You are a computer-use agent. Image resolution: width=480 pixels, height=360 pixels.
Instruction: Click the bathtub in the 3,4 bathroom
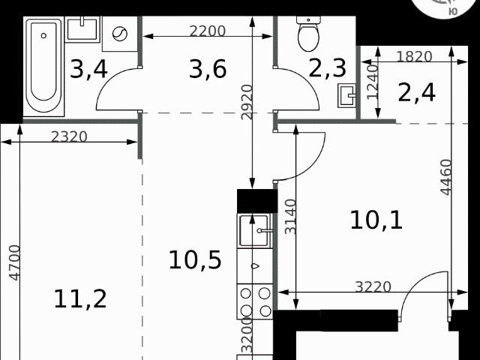pos(43,66)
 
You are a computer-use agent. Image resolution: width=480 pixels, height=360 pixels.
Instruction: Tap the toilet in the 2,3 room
pos(308,34)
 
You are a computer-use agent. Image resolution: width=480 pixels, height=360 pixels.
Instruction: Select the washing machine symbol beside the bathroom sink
pos(120,34)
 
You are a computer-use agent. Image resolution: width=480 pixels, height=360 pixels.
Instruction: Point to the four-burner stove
pos(255,301)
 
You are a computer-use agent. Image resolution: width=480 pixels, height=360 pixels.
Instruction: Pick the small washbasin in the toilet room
pos(346,95)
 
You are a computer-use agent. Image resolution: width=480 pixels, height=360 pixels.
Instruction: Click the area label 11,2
pos(80,299)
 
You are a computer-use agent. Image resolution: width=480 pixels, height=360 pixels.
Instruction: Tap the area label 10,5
pos(195,260)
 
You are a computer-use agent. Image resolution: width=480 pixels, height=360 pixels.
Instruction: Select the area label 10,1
pos(376,220)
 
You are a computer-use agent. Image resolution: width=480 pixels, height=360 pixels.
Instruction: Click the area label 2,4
pos(416,93)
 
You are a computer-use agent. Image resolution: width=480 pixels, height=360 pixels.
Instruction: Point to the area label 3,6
pos(208,69)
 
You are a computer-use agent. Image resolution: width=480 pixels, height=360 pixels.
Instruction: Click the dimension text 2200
pos(208,31)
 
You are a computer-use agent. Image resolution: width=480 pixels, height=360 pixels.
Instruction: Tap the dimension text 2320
pos(69,136)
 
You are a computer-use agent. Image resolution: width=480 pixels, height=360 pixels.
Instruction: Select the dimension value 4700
pos(15,262)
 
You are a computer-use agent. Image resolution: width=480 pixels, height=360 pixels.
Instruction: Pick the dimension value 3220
pos(373,286)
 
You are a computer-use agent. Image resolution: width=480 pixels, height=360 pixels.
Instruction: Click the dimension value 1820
pos(414,57)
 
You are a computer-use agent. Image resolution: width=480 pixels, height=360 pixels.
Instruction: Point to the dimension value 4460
pos(446,177)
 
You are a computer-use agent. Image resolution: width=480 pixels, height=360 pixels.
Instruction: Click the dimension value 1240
pos(373,82)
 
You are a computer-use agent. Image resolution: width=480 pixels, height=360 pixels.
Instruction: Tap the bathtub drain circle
pos(43,36)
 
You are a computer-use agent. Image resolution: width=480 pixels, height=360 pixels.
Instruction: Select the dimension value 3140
pos(290,217)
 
